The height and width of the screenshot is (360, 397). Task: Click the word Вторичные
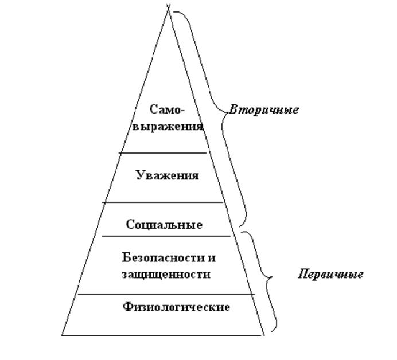[264, 109]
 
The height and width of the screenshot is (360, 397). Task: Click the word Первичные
[330, 274]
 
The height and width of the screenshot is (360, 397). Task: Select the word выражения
[168, 126]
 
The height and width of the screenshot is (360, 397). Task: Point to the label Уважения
[168, 175]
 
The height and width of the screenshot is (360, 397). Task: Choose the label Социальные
[164, 225]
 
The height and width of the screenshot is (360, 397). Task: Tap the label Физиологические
[176, 307]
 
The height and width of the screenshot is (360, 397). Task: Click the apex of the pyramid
[169, 9]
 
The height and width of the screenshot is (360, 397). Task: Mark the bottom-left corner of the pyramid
[62, 334]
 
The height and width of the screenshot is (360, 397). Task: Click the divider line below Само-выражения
[163, 153]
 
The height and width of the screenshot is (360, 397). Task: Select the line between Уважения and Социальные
[163, 202]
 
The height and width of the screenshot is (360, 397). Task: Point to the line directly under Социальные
[166, 236]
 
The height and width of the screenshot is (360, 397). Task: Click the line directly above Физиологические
[166, 294]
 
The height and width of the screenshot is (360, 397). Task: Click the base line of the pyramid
[163, 334]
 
